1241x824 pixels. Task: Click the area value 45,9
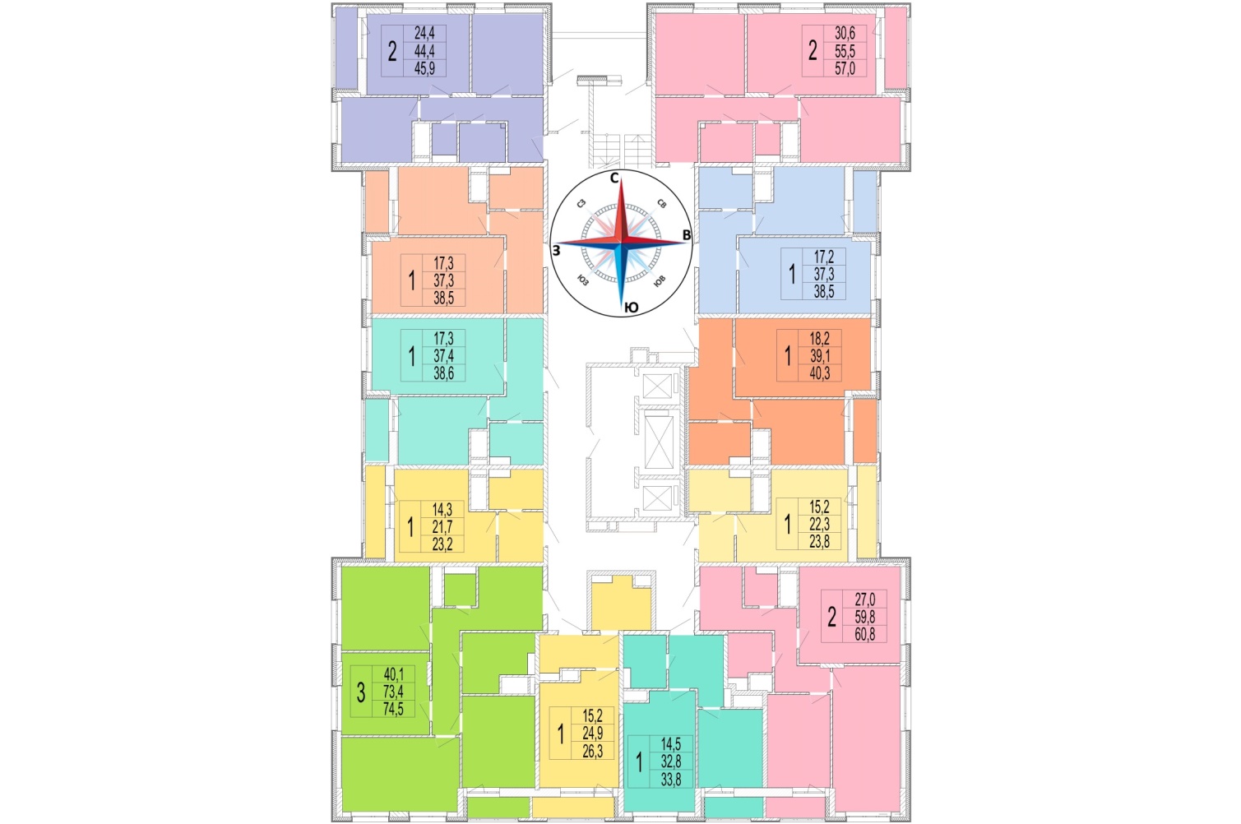point(424,69)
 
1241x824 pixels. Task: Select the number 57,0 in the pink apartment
point(845,69)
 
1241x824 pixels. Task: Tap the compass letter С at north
point(614,178)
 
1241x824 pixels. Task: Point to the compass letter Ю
point(631,308)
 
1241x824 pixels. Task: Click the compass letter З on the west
point(556,251)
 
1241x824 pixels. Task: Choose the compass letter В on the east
point(687,235)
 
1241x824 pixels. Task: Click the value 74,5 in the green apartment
point(393,709)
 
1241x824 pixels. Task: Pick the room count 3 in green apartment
point(361,692)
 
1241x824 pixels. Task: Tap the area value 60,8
point(865,634)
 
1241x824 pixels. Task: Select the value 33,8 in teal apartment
point(671,780)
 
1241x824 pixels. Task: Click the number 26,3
point(592,751)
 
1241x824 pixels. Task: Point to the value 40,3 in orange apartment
point(820,373)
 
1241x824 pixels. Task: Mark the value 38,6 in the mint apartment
point(444,373)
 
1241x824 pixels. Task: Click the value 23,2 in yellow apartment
point(442,544)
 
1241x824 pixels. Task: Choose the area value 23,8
point(819,541)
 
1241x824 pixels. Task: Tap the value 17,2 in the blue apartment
point(824,257)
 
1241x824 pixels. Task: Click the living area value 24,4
point(424,33)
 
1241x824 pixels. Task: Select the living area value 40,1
point(394,674)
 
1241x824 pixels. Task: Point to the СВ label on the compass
point(661,203)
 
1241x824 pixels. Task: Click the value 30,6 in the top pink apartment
point(845,33)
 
